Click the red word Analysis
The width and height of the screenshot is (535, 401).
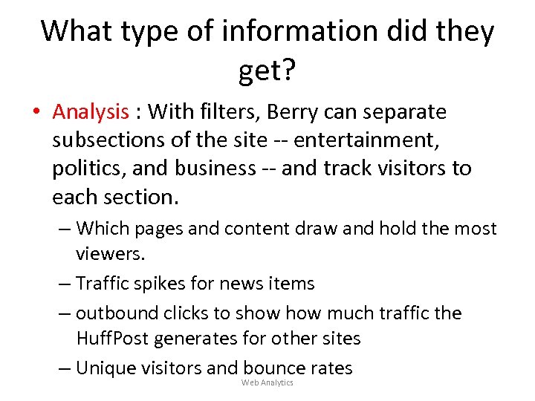coord(91,112)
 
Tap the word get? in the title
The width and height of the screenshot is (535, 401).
coord(267,71)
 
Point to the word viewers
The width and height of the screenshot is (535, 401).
coord(111,255)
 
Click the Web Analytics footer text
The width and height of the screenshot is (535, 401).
coord(267,382)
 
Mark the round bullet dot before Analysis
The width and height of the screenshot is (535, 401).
coord(35,113)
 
